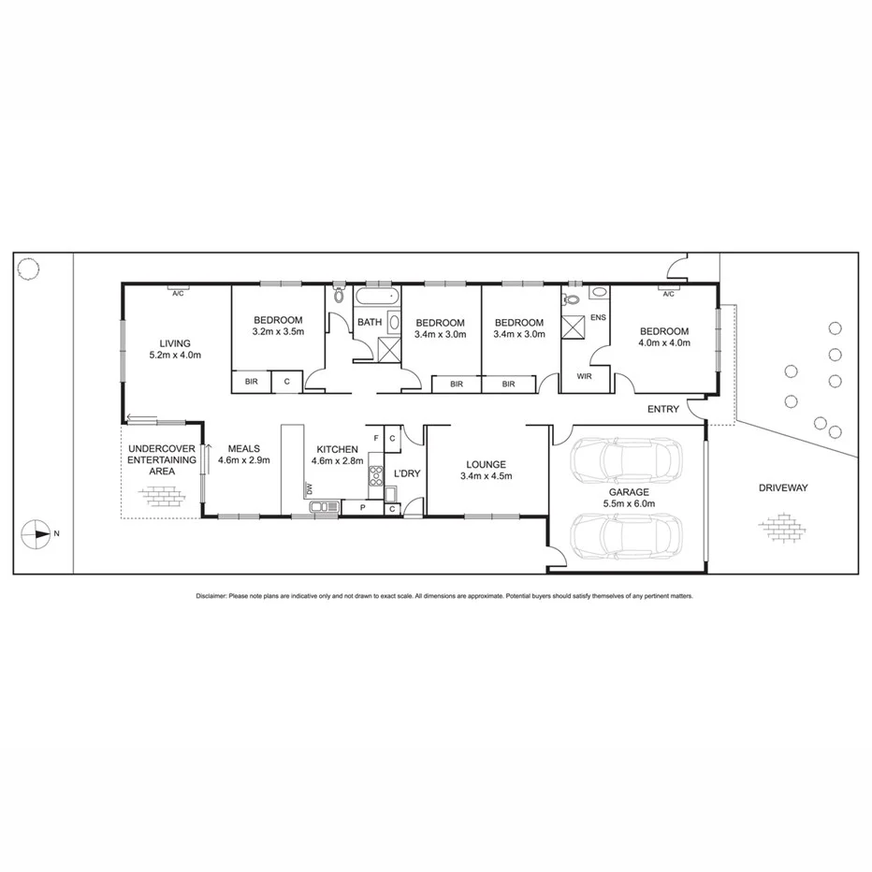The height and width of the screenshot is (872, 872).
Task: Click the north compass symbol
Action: click(x=36, y=533)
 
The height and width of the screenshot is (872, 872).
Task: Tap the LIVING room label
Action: click(x=175, y=342)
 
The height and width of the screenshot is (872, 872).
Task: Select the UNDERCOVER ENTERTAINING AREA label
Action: click(x=162, y=459)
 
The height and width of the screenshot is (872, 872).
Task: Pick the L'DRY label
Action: click(x=407, y=474)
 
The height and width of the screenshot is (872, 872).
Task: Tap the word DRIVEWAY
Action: click(x=783, y=487)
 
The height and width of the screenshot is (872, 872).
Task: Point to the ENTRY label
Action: click(x=663, y=409)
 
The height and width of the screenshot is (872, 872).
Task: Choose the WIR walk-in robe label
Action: click(x=585, y=376)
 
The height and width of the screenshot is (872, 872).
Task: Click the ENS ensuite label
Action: click(x=598, y=318)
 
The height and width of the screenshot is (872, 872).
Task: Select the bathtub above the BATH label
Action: click(x=377, y=298)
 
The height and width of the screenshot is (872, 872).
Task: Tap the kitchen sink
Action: click(x=325, y=507)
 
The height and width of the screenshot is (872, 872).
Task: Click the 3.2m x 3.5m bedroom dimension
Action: click(x=278, y=331)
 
